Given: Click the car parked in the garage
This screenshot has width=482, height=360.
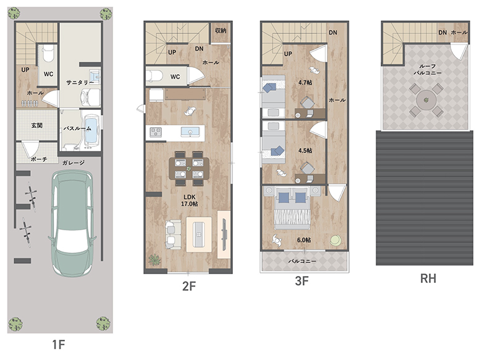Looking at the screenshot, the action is coord(72,224).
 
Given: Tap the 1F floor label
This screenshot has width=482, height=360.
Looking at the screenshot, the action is coord(59,345).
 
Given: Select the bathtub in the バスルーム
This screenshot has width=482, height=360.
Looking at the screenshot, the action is coord(91,130).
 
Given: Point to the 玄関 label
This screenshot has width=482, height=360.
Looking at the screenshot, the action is coord(37,125).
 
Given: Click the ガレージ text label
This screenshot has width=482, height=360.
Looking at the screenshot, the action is coord(73,163).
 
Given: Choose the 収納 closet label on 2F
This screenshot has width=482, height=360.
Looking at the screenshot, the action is coord(221,30).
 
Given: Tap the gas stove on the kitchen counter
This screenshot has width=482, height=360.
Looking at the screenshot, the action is coord(156,132).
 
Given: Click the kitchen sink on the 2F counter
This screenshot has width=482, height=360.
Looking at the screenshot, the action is coord(190,132).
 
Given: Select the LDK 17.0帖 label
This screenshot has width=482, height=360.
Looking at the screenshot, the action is coord(189,200).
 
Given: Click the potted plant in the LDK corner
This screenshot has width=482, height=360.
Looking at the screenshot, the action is coord(154,260).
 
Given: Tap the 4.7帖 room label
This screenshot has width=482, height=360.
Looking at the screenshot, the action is coord(305,82).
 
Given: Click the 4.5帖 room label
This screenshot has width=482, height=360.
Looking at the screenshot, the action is coord(305,151).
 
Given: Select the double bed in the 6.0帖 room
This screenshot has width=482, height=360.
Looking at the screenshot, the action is coord(292,209).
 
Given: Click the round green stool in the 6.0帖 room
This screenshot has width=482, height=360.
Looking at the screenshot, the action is coord(336,240).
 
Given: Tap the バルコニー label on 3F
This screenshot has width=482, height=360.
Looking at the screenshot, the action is coord(302,261).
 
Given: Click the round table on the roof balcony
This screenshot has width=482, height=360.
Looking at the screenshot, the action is coord(426,100).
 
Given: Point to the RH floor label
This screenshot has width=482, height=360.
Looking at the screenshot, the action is coord(428,278).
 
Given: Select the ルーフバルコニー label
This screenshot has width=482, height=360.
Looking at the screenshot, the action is coord(427,70).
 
